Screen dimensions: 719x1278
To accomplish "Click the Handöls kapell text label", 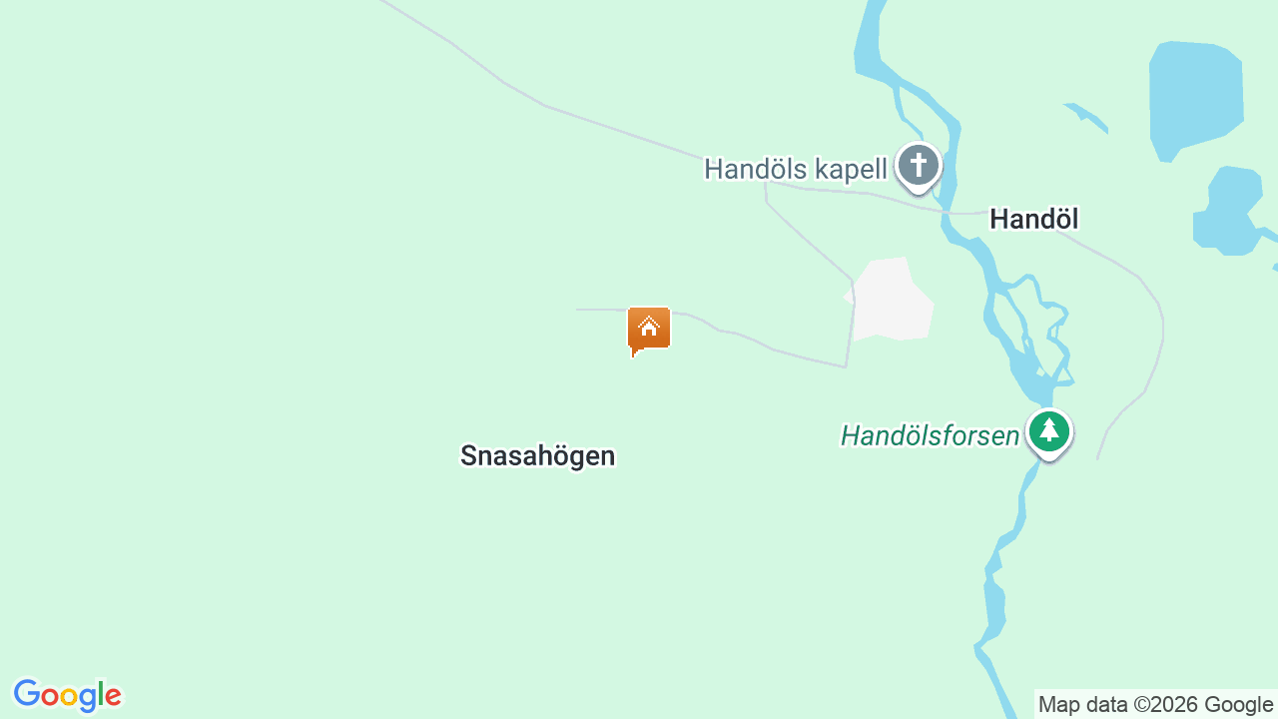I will pos(795,169).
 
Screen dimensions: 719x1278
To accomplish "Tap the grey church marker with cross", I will pos(918,167).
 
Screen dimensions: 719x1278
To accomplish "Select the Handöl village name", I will pos(1033,219).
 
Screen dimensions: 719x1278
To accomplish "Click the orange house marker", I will pos(649,329).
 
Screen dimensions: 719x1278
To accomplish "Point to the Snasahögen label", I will pos(537,456).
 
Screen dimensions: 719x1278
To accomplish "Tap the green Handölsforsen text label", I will pos(930,436).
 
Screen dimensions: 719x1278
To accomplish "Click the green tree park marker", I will pos(1048,433).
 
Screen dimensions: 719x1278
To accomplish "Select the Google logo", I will pos(67,695).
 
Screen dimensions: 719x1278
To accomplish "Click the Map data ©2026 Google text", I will pos(1155,705).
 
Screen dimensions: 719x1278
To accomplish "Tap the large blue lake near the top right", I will pos(1196,98).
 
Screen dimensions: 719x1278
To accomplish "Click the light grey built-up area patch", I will pos(892,300).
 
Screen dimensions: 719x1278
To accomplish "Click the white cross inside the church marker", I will pos(918,163).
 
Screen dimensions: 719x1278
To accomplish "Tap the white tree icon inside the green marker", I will pos(1048,430).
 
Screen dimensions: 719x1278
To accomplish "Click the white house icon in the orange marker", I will pos(649,326).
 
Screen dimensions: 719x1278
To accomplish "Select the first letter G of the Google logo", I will pos(27,694).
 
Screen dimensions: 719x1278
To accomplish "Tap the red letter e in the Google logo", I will pos(112,696).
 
